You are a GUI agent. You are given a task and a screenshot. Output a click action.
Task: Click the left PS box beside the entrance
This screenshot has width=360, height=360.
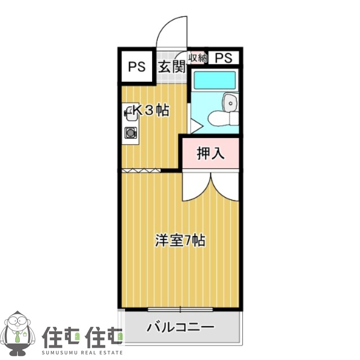pyautogui.click(x=136, y=66)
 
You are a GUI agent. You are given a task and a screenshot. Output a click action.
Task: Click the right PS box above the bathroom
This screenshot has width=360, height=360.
pyautogui.click(x=224, y=57)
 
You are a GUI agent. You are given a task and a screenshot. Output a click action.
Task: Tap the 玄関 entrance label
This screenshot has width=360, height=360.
pyautogui.click(x=172, y=66)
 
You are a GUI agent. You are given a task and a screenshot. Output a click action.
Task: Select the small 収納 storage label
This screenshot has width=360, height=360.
pyautogui.click(x=198, y=57)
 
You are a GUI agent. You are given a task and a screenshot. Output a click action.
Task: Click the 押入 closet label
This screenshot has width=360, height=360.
pyautogui.click(x=211, y=153)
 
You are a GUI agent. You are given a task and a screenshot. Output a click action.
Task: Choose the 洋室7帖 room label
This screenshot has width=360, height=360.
pyautogui.click(x=180, y=241)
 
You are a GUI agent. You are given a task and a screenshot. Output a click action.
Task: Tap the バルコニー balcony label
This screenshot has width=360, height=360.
pyautogui.click(x=180, y=327)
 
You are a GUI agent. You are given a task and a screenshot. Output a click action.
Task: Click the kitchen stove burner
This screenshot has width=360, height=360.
pyautogui.click(x=131, y=133)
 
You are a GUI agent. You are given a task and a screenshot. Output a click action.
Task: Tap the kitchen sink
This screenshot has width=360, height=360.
pyautogui.click(x=131, y=113)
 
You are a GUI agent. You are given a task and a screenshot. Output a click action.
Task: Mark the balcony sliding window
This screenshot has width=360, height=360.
pyautogui.click(x=180, y=309)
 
